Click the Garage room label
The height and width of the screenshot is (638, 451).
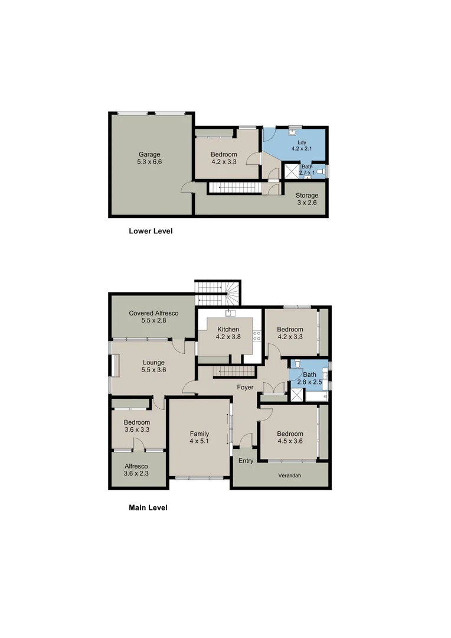[x=149, y=155]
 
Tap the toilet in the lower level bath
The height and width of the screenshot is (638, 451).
[x=320, y=172]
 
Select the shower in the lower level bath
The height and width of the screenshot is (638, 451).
[x=292, y=172]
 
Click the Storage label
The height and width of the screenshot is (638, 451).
[x=306, y=196]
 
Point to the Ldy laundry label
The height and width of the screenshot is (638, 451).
[x=301, y=142]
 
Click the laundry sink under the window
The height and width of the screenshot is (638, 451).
[x=295, y=131]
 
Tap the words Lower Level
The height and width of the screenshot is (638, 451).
[x=151, y=231]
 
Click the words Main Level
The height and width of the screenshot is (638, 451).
[x=148, y=507]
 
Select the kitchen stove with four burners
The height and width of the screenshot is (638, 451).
[x=257, y=336]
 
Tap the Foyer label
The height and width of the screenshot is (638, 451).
[x=245, y=388]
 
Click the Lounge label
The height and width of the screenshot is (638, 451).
[x=153, y=362]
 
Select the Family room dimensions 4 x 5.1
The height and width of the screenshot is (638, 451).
[x=199, y=441]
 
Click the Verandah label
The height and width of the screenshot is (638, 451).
[x=290, y=474]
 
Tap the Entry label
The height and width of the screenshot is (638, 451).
[x=245, y=461]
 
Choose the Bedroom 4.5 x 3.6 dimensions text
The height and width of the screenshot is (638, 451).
[x=290, y=441]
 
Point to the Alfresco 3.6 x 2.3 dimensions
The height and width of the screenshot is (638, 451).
[x=136, y=473]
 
